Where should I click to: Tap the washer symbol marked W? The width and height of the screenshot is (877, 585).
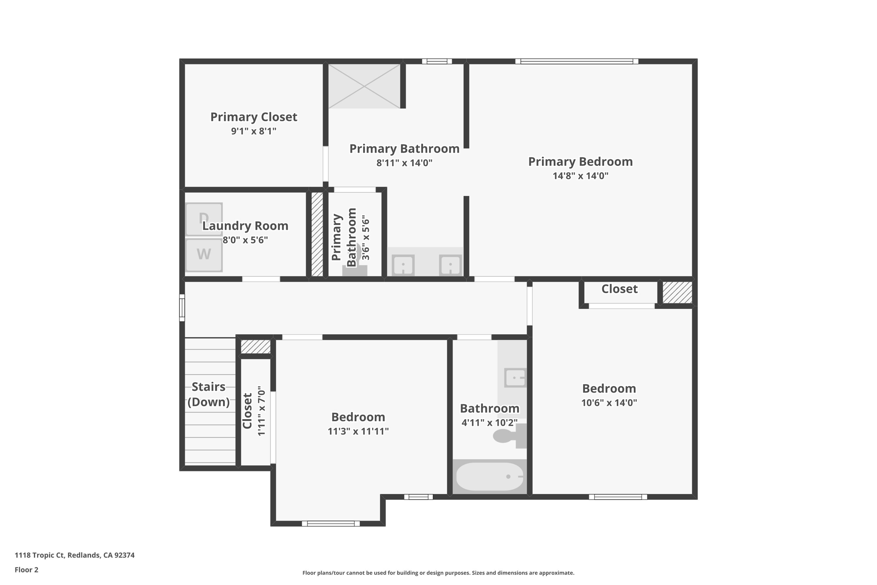(204, 255)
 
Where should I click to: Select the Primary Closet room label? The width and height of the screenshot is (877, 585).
(254, 117)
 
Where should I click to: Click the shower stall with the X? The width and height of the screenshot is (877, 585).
(364, 86)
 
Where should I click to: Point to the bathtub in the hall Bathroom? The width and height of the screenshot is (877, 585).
(489, 477)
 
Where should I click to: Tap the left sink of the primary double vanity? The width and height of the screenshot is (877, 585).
(403, 265)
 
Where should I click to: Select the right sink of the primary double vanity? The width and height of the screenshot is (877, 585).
(450, 265)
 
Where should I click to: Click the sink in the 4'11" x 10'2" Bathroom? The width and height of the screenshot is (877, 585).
(515, 378)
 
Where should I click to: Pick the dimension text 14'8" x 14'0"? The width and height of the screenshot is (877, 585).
(580, 176)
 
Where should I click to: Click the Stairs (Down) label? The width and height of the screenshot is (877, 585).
(209, 394)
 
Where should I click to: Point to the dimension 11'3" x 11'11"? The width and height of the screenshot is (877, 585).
(358, 431)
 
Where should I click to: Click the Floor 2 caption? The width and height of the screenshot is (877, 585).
(27, 570)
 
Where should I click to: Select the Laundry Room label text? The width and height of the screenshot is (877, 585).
(245, 226)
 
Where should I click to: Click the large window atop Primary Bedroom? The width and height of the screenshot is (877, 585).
(576, 61)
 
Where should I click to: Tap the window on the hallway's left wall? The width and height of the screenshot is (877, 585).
(182, 308)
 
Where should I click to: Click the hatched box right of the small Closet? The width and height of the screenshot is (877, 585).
(677, 292)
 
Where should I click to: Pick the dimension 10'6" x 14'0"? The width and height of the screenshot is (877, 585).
(609, 403)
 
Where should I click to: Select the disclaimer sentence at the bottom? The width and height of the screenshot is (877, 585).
(438, 573)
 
